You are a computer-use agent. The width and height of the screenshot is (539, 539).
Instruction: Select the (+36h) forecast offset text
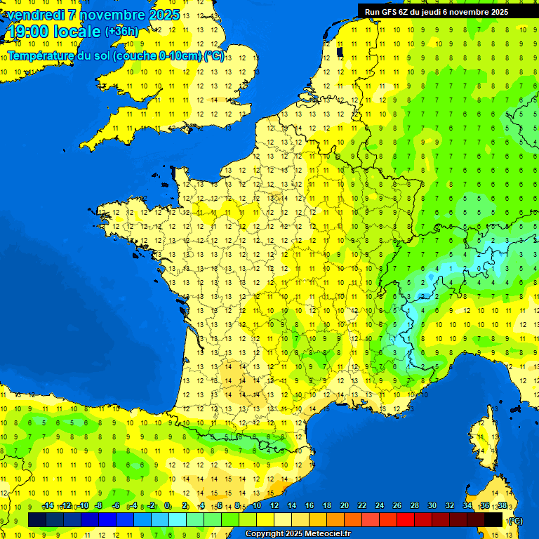click(121, 32)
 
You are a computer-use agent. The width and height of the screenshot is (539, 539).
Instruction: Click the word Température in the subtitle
click(43, 56)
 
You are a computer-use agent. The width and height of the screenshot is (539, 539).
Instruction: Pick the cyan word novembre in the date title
click(112, 15)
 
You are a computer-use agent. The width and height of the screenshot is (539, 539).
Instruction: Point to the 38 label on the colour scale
click(502, 505)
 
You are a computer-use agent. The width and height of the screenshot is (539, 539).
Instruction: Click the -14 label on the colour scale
click(48, 505)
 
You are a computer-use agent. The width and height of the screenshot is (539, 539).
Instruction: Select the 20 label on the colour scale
click(344, 505)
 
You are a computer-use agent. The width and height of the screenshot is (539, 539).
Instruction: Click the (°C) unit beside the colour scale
click(517, 520)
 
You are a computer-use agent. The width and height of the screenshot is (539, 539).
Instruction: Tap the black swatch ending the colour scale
click(493, 519)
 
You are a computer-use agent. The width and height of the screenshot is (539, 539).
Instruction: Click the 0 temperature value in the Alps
click(480, 267)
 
